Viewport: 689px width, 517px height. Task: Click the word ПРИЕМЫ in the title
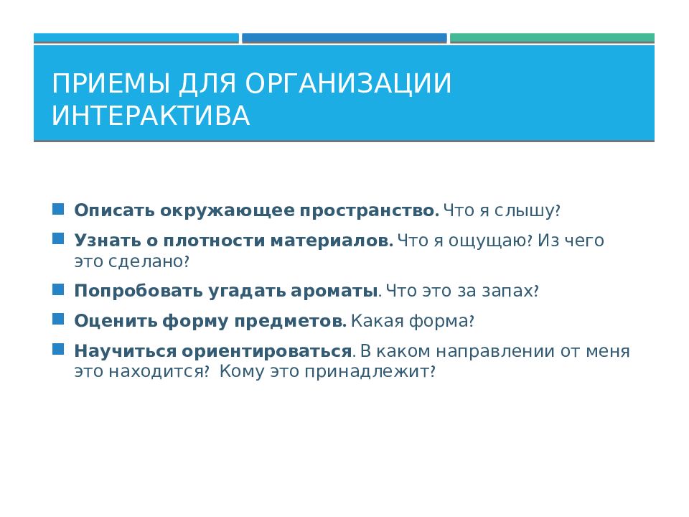coord(111,83)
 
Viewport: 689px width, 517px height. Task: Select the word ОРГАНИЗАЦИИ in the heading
coord(348,84)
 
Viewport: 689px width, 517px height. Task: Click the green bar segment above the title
coord(552,38)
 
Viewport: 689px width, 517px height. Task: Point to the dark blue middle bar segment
coord(344,38)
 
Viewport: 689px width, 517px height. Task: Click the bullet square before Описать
coord(58,209)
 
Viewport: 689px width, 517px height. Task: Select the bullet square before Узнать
coord(58,238)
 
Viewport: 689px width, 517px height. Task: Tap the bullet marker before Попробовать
coord(58,289)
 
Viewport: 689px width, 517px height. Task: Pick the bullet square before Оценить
coord(58,319)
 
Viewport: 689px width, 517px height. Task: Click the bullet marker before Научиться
coord(58,350)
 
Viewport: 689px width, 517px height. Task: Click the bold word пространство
coord(369,211)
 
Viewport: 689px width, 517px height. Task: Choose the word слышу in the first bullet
coord(525,211)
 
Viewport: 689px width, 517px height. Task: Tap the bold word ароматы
coord(334,292)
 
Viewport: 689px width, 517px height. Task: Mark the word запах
coord(507,292)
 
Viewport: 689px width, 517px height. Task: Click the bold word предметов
coord(290,322)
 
